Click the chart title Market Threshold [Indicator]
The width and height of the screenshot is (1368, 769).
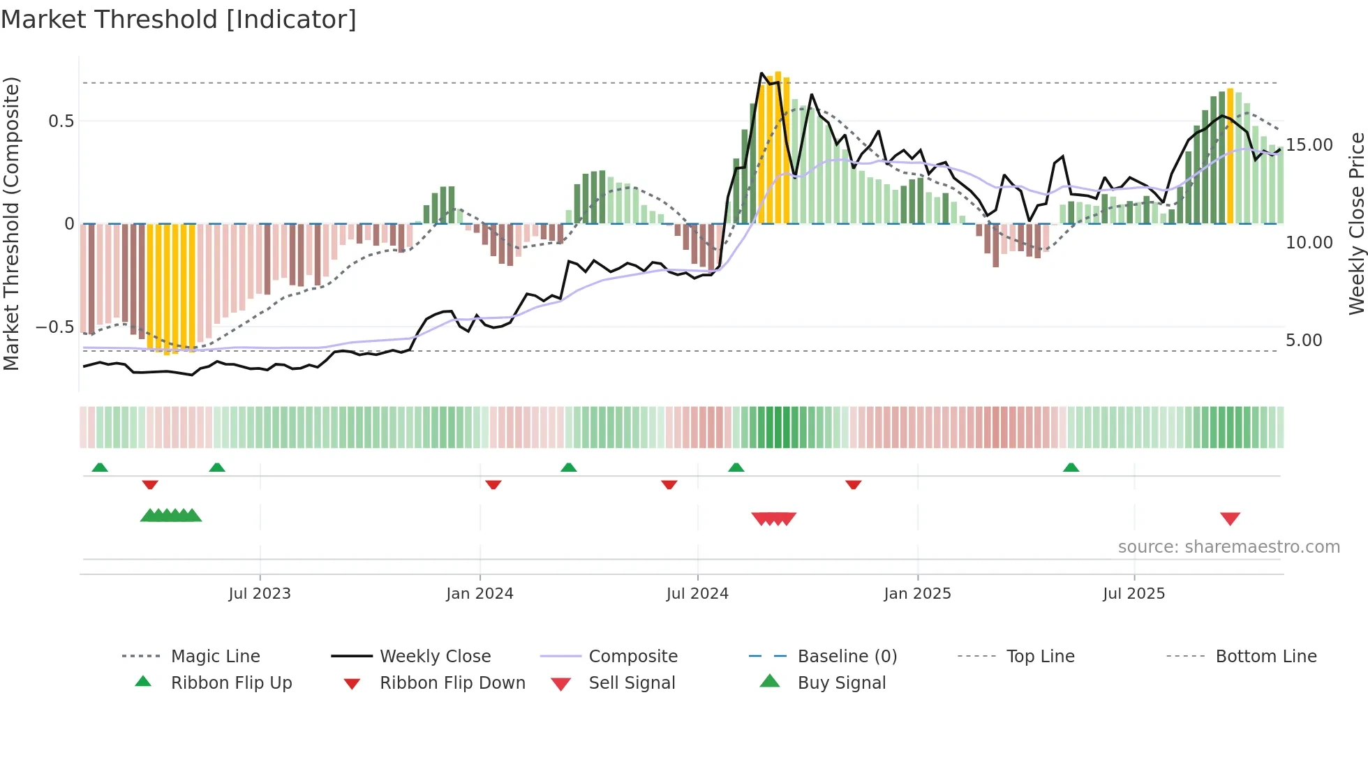click(x=179, y=20)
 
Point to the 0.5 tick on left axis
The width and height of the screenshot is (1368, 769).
click(x=61, y=121)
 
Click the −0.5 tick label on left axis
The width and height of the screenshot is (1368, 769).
click(x=54, y=327)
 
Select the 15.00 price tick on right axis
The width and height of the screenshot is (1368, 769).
click(x=1309, y=145)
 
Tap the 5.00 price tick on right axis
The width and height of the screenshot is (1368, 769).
click(x=1303, y=341)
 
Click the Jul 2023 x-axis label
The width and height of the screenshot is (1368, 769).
click(x=259, y=594)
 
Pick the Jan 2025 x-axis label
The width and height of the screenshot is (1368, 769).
click(x=916, y=594)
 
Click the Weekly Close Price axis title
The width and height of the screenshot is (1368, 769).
click(x=1355, y=223)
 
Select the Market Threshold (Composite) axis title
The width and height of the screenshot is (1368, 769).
click(x=11, y=223)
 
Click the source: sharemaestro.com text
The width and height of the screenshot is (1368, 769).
click(x=1228, y=547)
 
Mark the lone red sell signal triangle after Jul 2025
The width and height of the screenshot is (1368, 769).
click(x=1230, y=518)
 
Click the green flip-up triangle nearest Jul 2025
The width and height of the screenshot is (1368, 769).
click(x=1071, y=468)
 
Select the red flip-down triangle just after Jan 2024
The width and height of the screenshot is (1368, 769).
click(x=493, y=484)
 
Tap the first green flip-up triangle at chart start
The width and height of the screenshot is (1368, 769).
click(x=100, y=468)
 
